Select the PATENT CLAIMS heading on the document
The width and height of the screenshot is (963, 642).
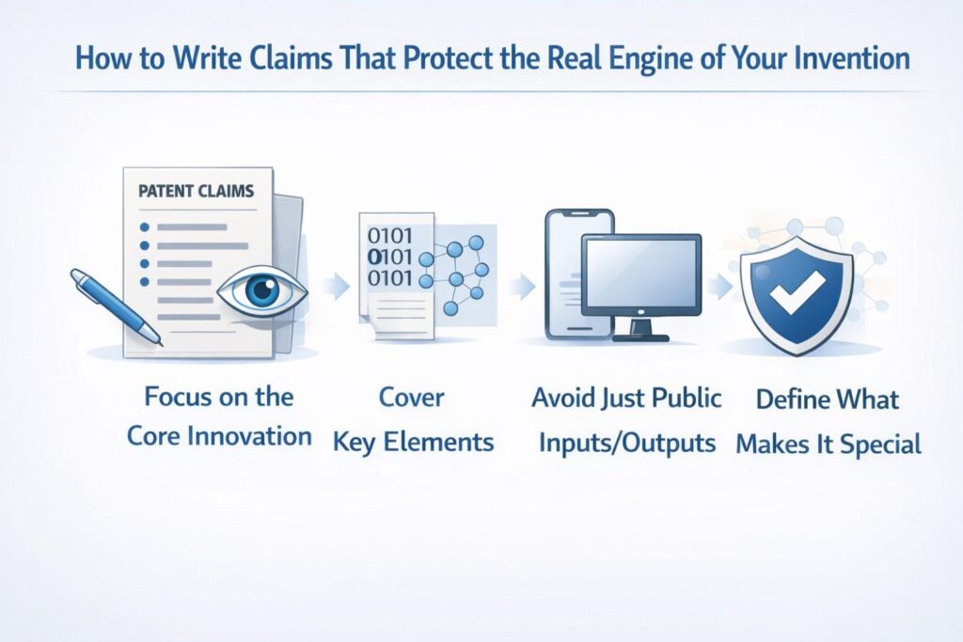196,191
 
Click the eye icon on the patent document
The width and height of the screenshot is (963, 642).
262,290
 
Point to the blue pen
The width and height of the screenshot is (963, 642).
115,306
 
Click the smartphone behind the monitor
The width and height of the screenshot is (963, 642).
574,274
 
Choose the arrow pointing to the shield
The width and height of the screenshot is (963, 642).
719,286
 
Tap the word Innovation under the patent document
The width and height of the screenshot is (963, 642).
248,436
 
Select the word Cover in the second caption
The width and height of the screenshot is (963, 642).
411,397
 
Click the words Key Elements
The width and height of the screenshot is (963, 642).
414,442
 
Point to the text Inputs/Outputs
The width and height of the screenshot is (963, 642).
627,443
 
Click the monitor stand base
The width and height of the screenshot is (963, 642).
640,337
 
